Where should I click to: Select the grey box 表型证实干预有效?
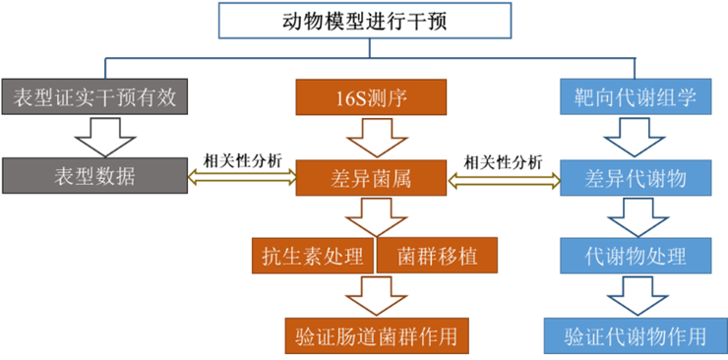tap(94, 96)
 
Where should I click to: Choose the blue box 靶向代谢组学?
tap(636, 96)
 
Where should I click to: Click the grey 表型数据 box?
tap(94, 176)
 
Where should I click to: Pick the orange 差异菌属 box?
tap(371, 178)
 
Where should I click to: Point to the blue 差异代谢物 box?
tap(636, 178)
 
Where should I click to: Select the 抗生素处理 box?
tap(314, 256)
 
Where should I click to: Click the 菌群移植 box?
tap(437, 256)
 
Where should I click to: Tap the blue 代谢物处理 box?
tap(636, 257)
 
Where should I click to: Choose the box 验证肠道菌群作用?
tap(375, 335)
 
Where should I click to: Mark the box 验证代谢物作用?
tap(636, 335)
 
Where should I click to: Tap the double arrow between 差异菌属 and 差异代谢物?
tap(504, 178)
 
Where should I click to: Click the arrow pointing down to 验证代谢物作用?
tap(636, 295)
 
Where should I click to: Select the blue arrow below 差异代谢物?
tap(636, 216)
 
